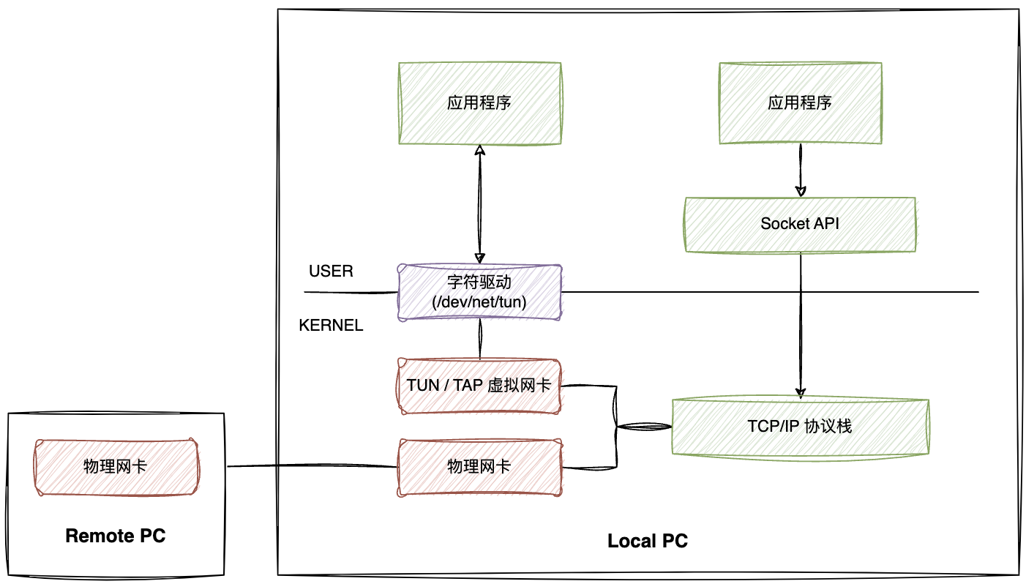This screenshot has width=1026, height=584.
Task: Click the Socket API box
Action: (x=799, y=224)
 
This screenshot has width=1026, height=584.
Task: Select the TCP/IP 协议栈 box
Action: (x=799, y=426)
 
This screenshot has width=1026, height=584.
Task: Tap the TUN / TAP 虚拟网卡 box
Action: (x=479, y=385)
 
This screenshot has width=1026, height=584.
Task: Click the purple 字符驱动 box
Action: (x=479, y=291)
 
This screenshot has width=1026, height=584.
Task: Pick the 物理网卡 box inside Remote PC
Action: (x=116, y=466)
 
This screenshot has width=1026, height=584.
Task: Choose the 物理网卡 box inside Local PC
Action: (x=479, y=466)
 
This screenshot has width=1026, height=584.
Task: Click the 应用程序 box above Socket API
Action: (x=799, y=102)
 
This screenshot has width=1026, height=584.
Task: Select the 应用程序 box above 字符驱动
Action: (x=479, y=102)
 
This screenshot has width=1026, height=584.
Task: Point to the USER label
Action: (x=331, y=272)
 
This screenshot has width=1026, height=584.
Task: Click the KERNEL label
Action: (x=331, y=326)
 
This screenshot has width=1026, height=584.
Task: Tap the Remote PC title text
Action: (x=116, y=536)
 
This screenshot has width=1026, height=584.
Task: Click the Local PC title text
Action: (x=648, y=542)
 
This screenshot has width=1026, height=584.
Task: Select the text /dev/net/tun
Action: (x=479, y=302)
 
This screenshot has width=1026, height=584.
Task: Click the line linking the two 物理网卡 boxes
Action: (x=311, y=466)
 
